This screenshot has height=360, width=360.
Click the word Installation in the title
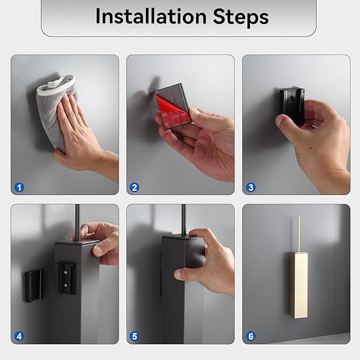pyautogui.click(x=151, y=16)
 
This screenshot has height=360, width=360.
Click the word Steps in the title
pyautogui.click(x=241, y=17)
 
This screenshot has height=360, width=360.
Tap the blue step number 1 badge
pyautogui.click(x=19, y=187)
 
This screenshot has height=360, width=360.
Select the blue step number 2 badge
pyautogui.click(x=135, y=187)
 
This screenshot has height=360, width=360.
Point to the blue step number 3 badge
pyautogui.click(x=251, y=187)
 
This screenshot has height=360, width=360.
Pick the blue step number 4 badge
pyautogui.click(x=19, y=336)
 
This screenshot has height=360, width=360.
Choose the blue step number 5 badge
pyautogui.click(x=135, y=336)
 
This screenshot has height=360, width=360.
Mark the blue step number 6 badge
pyautogui.click(x=251, y=336)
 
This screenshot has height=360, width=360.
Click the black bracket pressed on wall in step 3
pyautogui.click(x=292, y=106)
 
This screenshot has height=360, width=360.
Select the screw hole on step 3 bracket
pyautogui.click(x=292, y=100)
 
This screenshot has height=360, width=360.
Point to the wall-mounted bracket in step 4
pyautogui.click(x=33, y=286)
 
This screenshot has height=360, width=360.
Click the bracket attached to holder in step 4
pyautogui.click(x=65, y=278)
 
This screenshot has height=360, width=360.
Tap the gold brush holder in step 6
pyautogui.click(x=298, y=285)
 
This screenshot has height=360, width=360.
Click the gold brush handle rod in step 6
pyautogui.click(x=298, y=234)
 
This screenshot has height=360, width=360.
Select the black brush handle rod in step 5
pyautogui.click(x=183, y=219)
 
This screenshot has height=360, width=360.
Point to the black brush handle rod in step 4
pyautogui.click(x=77, y=222)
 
